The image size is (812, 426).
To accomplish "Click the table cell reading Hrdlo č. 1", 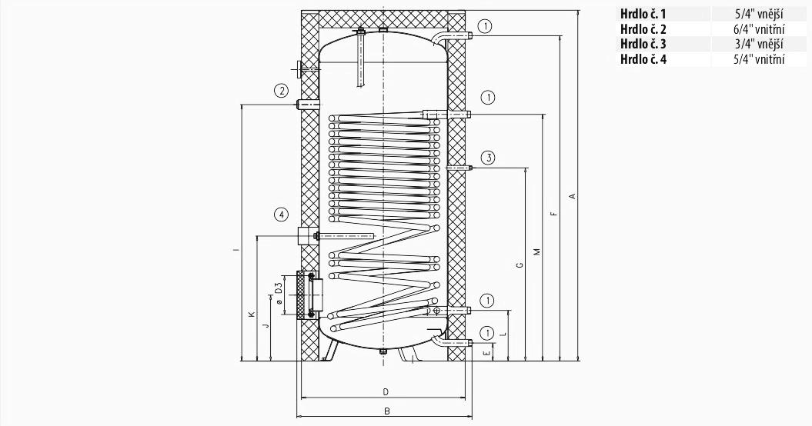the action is [643, 14].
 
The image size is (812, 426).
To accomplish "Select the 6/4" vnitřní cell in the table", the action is [759, 29].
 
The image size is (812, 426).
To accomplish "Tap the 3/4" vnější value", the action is [759, 44].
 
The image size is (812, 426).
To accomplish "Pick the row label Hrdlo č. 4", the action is [643, 59].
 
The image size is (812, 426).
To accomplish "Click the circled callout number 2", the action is [281, 91].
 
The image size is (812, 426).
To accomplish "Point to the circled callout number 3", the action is [488, 158].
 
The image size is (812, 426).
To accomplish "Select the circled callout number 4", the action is [281, 215].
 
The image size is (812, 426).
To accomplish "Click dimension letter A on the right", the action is [572, 196].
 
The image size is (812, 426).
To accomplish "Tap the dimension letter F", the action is [553, 213].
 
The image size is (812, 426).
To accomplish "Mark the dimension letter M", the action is [537, 252].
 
